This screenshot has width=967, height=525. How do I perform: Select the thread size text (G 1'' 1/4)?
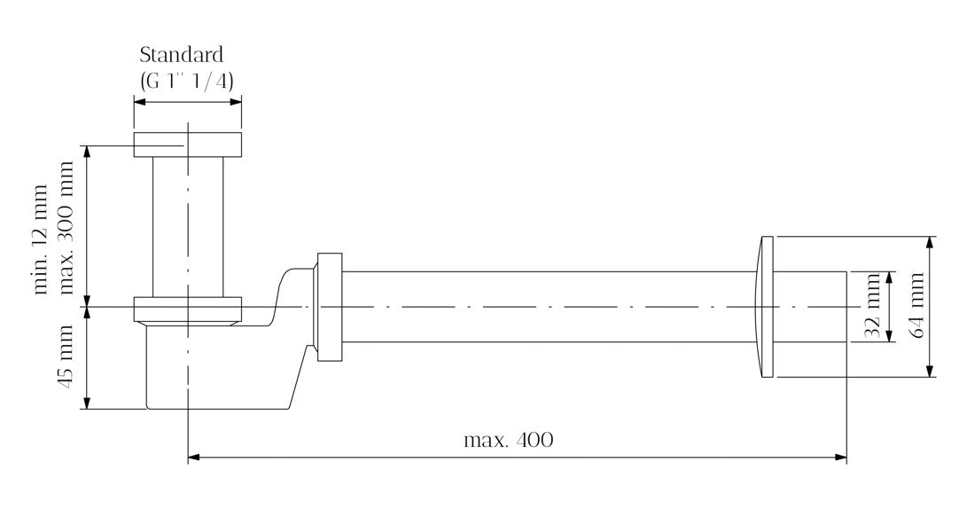click(x=187, y=80)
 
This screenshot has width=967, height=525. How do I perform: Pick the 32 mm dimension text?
click(x=872, y=307)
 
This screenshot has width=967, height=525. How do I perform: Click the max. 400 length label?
click(x=508, y=440)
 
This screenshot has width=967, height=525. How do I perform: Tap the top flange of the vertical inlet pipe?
click(x=187, y=145)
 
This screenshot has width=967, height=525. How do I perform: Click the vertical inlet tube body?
click(x=187, y=226)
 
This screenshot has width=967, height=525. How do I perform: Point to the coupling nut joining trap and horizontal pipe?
click(x=328, y=307)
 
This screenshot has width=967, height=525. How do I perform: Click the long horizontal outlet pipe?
click(x=541, y=307)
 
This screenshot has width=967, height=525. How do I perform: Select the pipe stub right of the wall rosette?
click(x=811, y=307)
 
